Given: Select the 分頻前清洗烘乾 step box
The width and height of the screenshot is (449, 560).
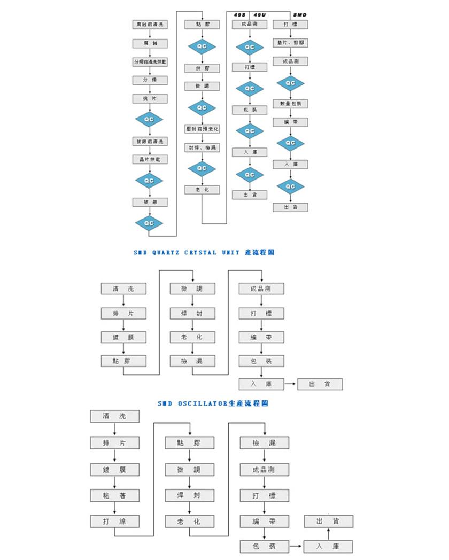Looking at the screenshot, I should pos(149,62).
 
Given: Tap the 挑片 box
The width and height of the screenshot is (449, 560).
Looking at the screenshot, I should pos(149,99).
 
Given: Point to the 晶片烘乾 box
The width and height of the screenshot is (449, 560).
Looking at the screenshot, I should pos(149,159).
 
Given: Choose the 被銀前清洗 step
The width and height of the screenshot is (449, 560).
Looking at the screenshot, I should pos(149,141).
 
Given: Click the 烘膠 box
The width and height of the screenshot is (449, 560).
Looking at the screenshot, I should pos(202,68).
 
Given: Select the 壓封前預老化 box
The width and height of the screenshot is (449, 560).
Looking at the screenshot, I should pos(202,129).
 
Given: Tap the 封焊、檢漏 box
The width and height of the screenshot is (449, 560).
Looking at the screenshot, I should pos(202,147).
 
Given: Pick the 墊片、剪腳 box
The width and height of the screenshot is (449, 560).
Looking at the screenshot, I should pos(290,42).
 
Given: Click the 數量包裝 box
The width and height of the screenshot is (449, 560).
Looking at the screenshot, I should pos(290,103).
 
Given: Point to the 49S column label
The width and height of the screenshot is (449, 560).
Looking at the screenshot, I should pos(240,14).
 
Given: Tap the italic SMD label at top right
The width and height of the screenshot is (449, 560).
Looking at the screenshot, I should pos(300,14).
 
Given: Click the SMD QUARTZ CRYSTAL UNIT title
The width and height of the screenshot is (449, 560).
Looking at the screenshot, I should pos(204,252).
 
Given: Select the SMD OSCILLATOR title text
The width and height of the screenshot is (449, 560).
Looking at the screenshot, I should pos(213,404).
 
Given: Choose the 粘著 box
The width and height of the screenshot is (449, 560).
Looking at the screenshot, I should pos(114,495).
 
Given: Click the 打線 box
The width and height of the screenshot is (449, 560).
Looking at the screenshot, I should pos(114,521).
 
